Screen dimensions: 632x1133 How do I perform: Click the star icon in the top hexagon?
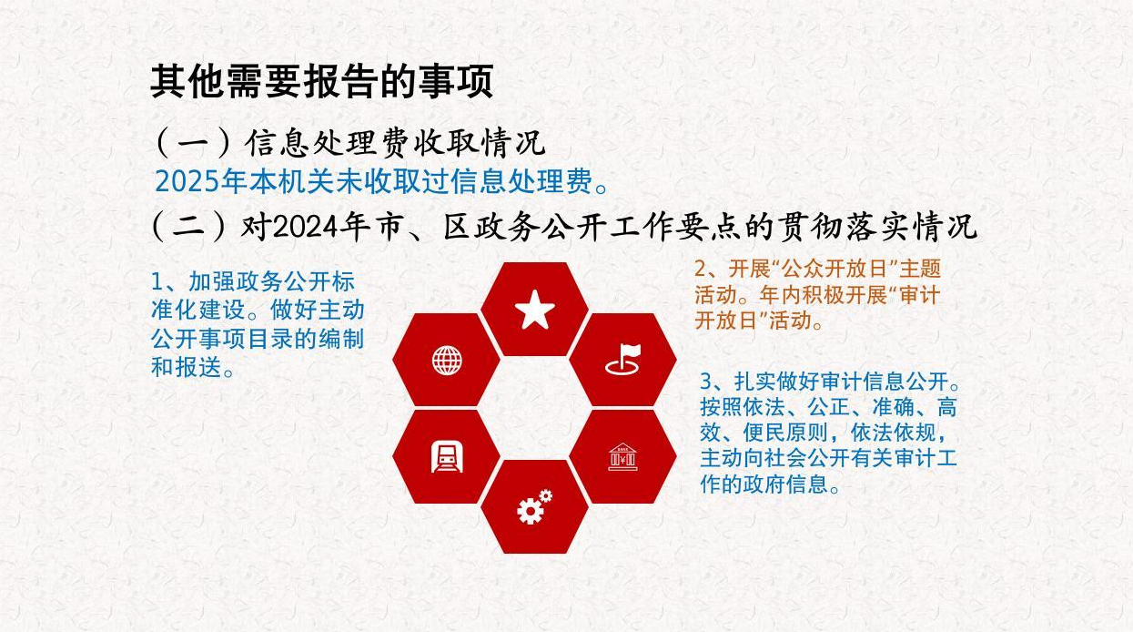(x=535, y=311)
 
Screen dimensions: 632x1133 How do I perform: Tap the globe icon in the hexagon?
(x=447, y=360)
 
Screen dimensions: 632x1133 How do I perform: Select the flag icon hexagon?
(x=623, y=360)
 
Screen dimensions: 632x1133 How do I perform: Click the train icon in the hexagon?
(x=447, y=455)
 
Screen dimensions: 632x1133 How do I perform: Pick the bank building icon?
(x=623, y=456)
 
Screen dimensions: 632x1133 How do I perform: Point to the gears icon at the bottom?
(x=534, y=506)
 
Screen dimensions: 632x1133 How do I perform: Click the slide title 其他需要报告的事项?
(x=321, y=81)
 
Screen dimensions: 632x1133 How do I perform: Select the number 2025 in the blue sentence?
(x=188, y=181)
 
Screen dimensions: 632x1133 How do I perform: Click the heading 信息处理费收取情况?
(x=395, y=141)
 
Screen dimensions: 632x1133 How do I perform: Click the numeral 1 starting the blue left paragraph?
(x=157, y=281)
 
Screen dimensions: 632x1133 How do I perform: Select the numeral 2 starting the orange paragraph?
(x=701, y=269)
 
